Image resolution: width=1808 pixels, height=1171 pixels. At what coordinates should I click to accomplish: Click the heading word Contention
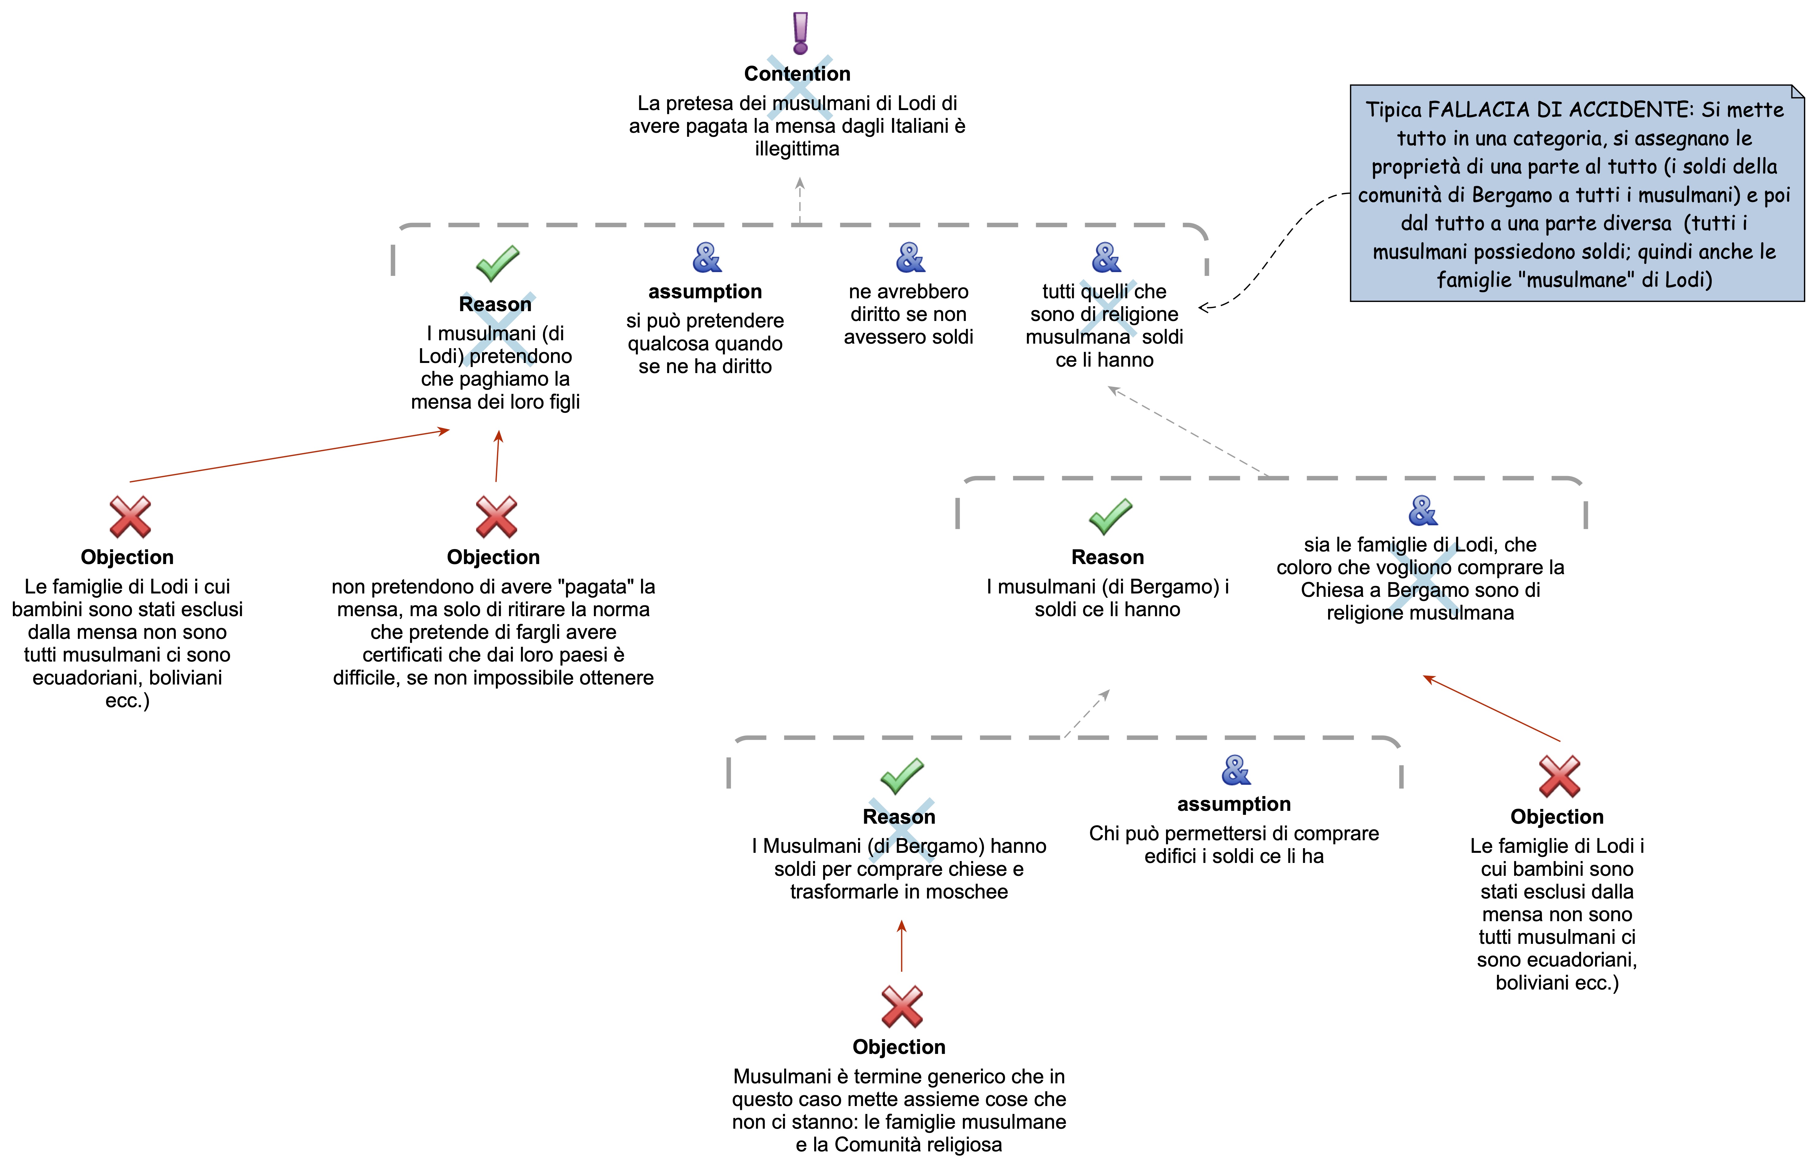coord(797,74)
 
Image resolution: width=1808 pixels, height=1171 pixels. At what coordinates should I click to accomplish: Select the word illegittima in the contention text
coord(797,149)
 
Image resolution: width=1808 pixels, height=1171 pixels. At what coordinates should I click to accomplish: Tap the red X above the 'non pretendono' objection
coord(496,517)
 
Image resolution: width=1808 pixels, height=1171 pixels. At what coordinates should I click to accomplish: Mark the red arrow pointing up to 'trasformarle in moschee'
coord(902,946)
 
